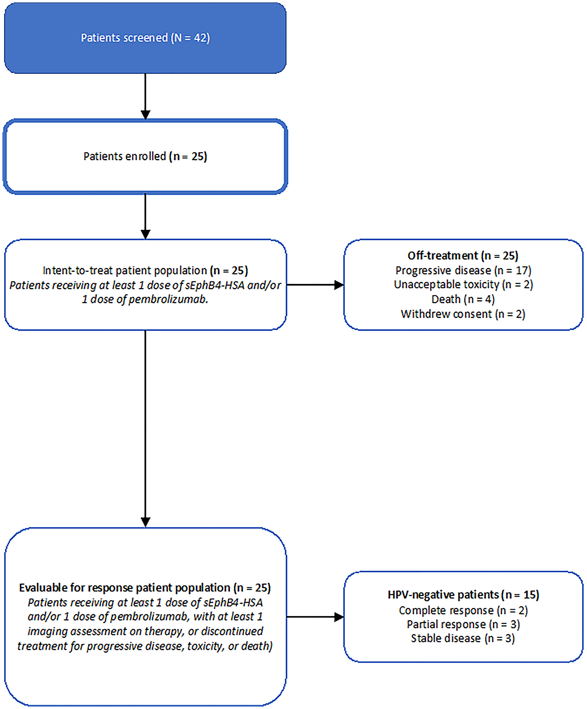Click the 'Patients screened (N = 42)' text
pyautogui.click(x=145, y=38)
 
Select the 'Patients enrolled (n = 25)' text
pyautogui.click(x=145, y=156)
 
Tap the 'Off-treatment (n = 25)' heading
pyautogui.click(x=463, y=256)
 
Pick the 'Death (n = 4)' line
pyautogui.click(x=463, y=299)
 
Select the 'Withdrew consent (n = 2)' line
pyautogui.click(x=463, y=314)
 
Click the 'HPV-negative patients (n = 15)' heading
pyautogui.click(x=463, y=595)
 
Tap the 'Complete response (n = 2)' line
pyautogui.click(x=463, y=610)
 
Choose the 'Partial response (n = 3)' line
pyautogui.click(x=463, y=624)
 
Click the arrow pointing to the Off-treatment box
pyautogui.click(x=315, y=285)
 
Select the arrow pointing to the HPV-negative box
pyautogui.click(x=315, y=617)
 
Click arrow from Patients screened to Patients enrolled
pyautogui.click(x=145, y=96)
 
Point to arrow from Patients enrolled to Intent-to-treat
pyautogui.click(x=145, y=216)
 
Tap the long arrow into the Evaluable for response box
pyautogui.click(x=145, y=429)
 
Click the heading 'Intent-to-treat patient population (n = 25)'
pyautogui.click(x=145, y=271)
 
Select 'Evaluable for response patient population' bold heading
pyautogui.click(x=145, y=588)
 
